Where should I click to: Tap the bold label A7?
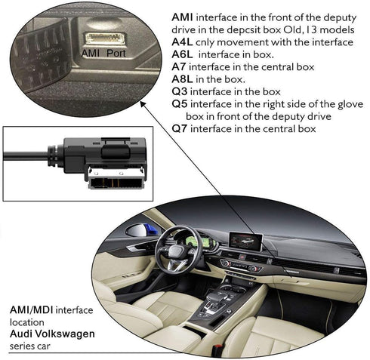point(179,66)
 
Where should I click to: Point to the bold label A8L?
point(183,79)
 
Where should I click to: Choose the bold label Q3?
point(180,91)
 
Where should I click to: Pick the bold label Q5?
point(180,103)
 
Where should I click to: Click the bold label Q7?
point(180,129)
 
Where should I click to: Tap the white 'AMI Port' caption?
point(104,54)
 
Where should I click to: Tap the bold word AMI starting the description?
point(183,16)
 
